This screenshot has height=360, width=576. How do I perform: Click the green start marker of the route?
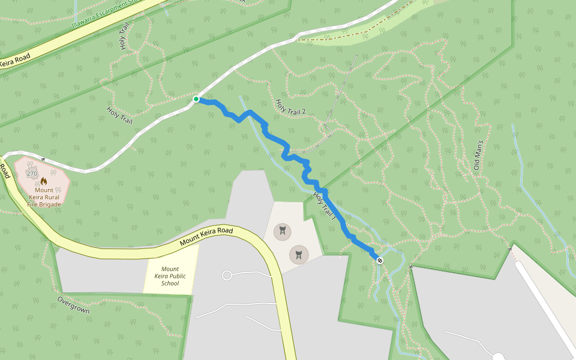pyautogui.click(x=196, y=99)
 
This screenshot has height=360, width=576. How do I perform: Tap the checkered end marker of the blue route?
pyautogui.click(x=379, y=260)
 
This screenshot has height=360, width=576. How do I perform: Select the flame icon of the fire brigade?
pyautogui.click(x=44, y=181)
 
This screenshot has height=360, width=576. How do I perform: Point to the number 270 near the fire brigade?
pyautogui.click(x=32, y=174)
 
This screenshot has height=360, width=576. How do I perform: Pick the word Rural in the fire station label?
pyautogui.click(x=52, y=197)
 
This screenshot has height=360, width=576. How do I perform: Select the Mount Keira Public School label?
pyautogui.click(x=170, y=276)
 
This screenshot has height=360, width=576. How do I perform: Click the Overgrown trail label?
pyautogui.click(x=73, y=305)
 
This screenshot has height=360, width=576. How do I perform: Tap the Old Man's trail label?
pyautogui.click(x=478, y=155)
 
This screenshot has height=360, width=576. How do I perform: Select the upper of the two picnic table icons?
pyautogui.click(x=281, y=230)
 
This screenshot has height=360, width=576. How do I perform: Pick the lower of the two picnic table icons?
pyautogui.click(x=298, y=254)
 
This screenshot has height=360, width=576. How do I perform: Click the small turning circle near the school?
pyautogui.click(x=227, y=275)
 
